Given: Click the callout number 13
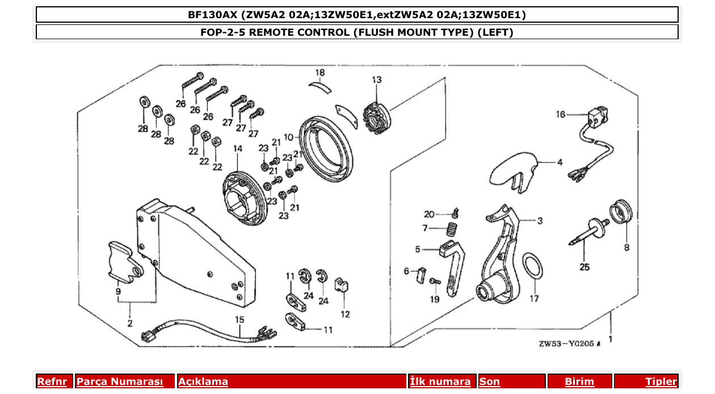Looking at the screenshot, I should (x=377, y=80).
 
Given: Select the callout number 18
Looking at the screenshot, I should (x=320, y=73).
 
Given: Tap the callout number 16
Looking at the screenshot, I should (x=561, y=115).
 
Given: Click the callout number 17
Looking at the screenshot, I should (x=534, y=299).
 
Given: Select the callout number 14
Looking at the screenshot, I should (x=237, y=148).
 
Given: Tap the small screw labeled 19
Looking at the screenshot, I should (x=434, y=281).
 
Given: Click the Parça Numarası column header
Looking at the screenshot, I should (x=120, y=382).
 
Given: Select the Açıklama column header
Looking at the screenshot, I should (x=203, y=382).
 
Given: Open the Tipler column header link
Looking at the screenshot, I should (x=661, y=382).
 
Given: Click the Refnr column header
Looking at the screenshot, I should (x=52, y=382).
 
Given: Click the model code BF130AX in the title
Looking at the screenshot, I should (x=212, y=14).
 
